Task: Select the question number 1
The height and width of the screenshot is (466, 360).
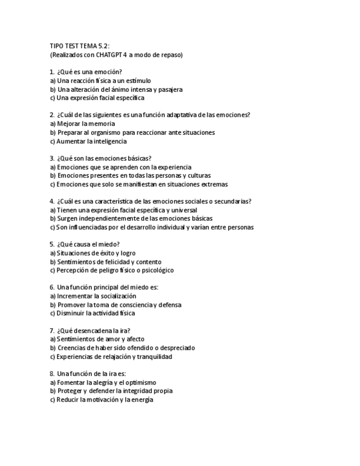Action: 52,72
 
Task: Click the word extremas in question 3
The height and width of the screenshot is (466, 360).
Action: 214,184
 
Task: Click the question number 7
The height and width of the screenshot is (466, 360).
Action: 52,330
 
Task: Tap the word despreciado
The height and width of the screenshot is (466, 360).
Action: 176,348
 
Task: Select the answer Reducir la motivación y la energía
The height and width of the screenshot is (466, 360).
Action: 102,400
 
